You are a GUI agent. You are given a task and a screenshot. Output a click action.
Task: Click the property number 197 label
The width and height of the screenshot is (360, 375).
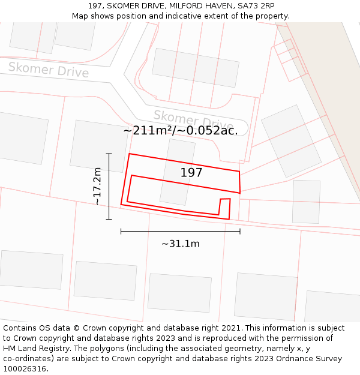tap(191, 173)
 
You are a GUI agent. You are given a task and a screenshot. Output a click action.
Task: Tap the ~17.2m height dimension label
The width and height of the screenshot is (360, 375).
tap(97, 187)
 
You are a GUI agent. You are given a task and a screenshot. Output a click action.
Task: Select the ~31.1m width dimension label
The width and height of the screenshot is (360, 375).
tap(180, 244)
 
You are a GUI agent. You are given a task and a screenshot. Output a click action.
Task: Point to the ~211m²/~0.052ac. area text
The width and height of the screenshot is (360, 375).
tap(181, 130)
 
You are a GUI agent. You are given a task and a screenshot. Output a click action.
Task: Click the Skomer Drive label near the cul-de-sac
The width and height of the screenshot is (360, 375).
tap(192, 119)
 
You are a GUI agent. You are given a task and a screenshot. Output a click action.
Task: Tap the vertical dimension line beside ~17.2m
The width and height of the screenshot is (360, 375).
tap(109, 187)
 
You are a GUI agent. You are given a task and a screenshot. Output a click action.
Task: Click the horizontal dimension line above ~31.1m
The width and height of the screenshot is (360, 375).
tap(180, 231)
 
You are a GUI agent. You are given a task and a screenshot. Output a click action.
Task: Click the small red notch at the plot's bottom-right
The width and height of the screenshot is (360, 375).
tap(225, 207)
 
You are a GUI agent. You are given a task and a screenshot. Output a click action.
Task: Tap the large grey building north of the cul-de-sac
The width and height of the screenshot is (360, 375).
tap(196, 68)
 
